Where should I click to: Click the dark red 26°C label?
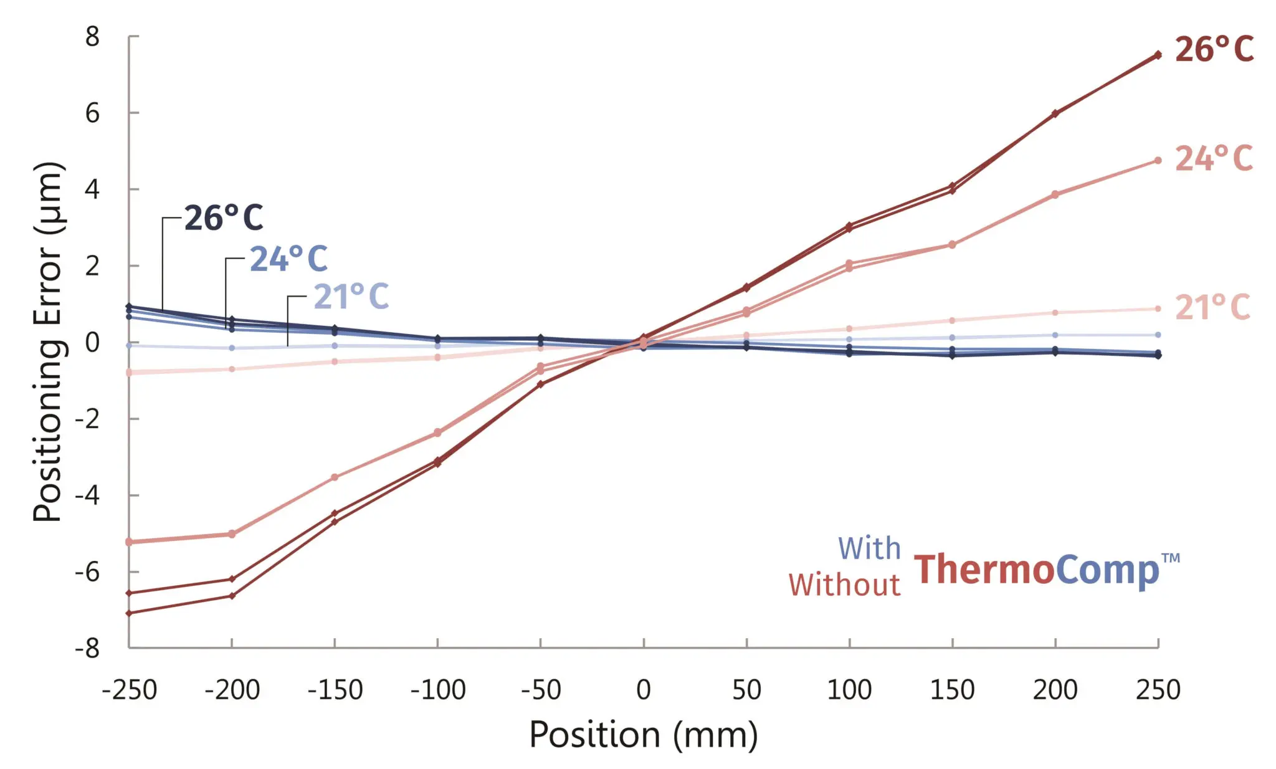1214,49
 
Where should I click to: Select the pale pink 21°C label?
1212,307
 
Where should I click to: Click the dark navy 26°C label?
224,218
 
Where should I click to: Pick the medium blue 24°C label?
288,259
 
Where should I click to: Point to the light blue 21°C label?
351,297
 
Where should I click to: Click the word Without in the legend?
844,585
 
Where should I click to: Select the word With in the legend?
869,549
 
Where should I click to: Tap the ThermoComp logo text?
1037,570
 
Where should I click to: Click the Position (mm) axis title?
644,734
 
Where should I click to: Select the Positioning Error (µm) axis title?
48,342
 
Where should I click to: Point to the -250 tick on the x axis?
130,690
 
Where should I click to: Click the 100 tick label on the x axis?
849,690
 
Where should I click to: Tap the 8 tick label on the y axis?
92,37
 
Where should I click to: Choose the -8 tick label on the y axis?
87,648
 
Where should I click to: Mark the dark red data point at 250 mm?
1158,55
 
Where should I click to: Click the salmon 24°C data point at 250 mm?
1158,160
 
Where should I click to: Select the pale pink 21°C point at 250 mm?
1158,308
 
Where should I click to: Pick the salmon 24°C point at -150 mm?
335,477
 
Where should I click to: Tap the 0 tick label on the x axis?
644,690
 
